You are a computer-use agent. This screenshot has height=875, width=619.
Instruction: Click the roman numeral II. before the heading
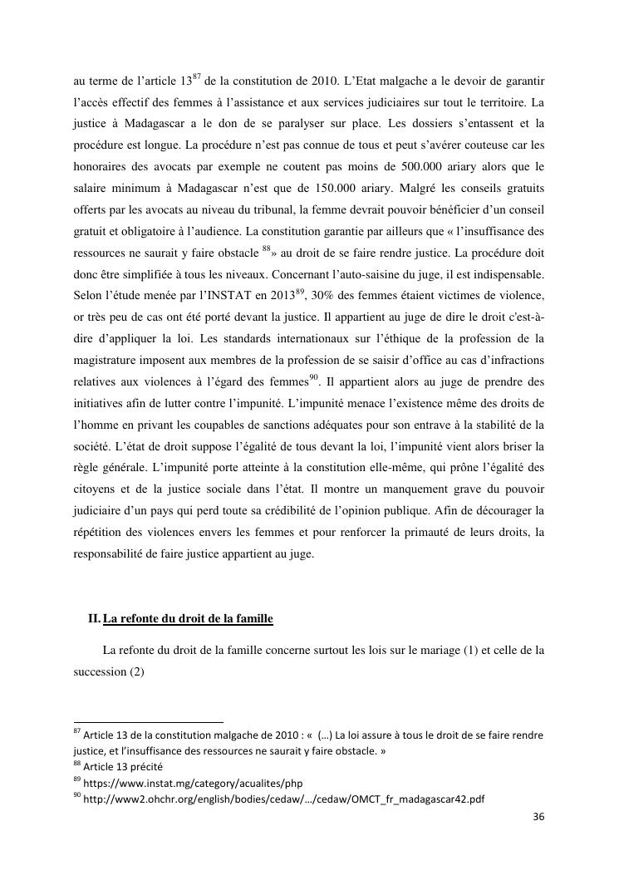[93, 619]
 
